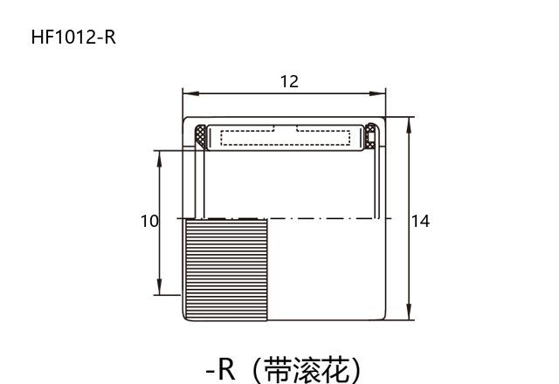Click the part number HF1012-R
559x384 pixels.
pyautogui.click(x=73, y=37)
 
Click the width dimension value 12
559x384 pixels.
pyautogui.click(x=289, y=81)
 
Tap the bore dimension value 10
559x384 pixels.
pyautogui.click(x=149, y=221)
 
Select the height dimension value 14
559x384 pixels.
pyautogui.click(x=420, y=221)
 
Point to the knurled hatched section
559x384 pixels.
pyautogui.click(x=226, y=269)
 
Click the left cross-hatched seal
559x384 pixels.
pyautogui.click(x=201, y=136)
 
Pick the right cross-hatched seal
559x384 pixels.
pyautogui.click(x=370, y=136)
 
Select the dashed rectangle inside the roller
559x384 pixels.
pyautogui.click(x=286, y=136)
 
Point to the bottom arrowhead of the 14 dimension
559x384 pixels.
pyautogui.click(x=409, y=315)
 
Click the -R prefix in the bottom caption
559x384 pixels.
pyautogui.click(x=221, y=369)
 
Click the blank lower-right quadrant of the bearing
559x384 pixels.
pyautogui.click(x=327, y=269)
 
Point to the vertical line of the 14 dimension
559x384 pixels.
pyautogui.click(x=409, y=175)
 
